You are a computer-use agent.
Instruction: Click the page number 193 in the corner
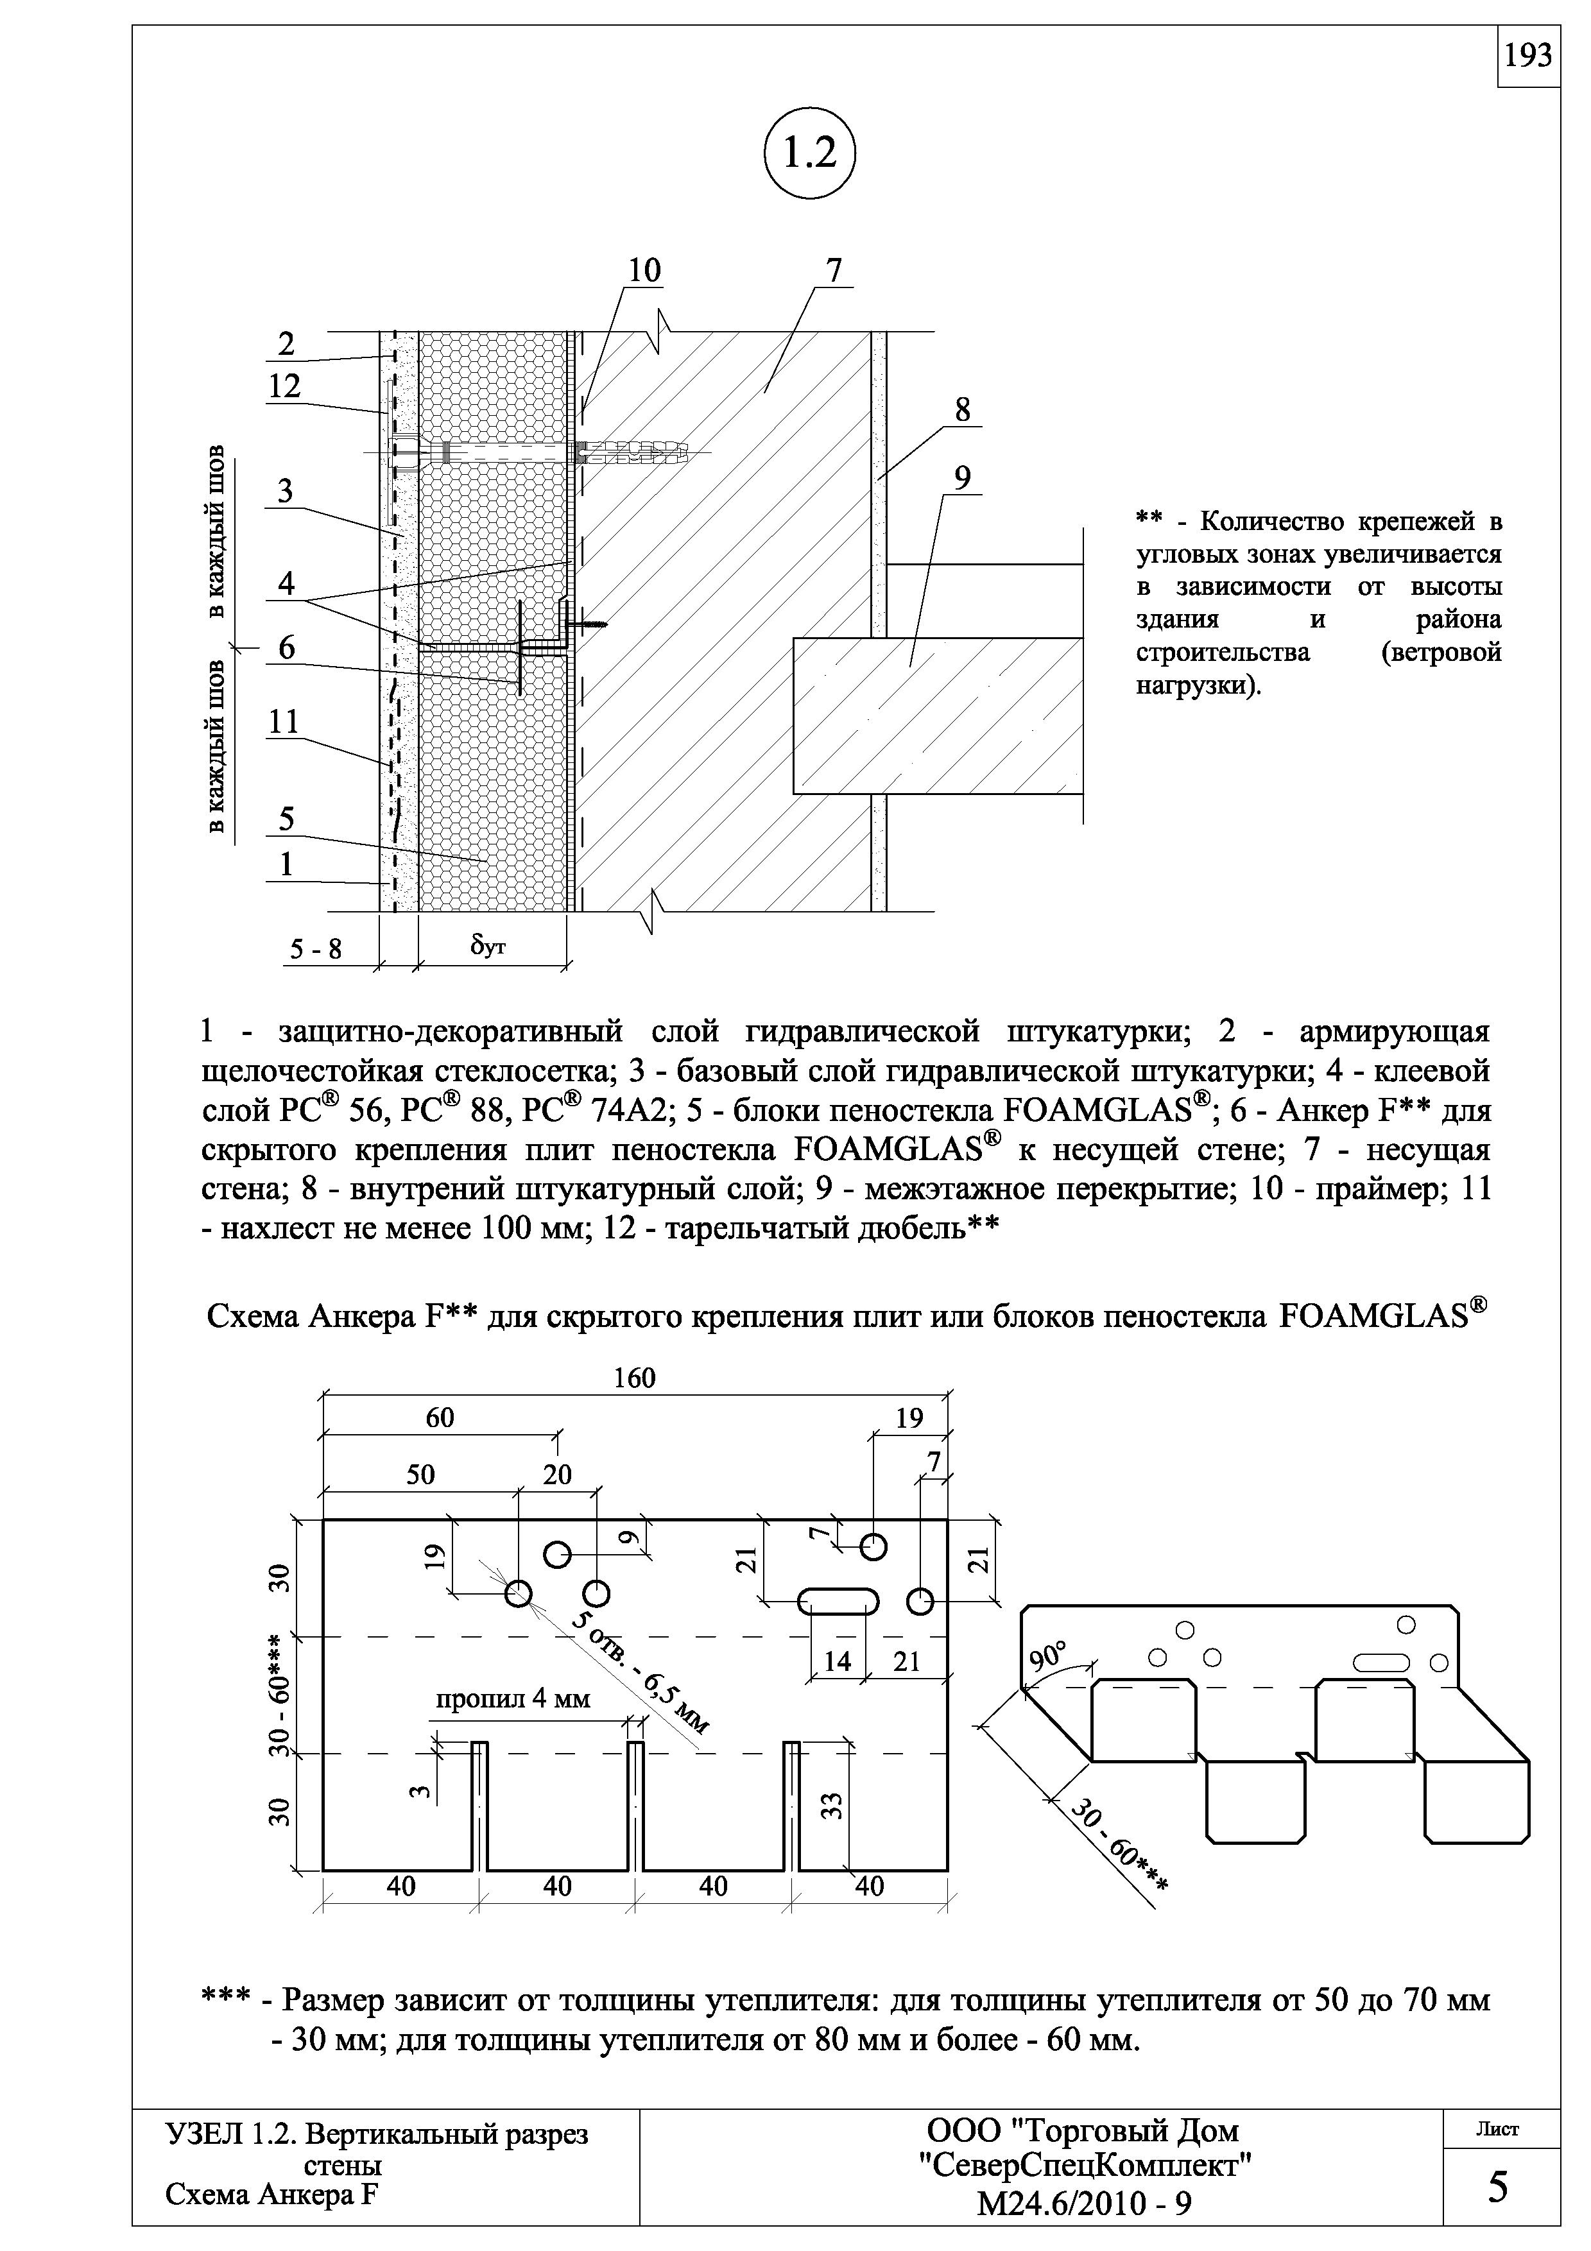[x=1528, y=57]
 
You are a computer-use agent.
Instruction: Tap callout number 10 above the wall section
[x=644, y=271]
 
